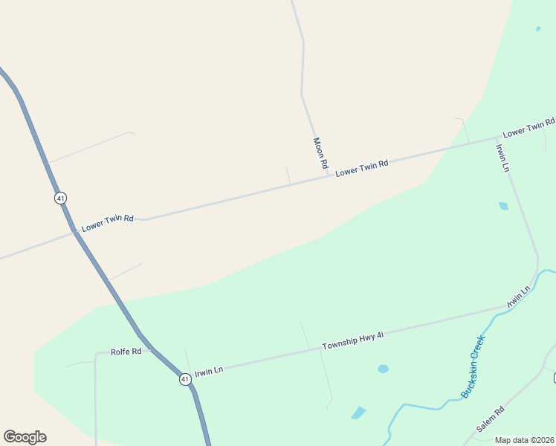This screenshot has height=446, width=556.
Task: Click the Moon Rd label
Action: [320, 154]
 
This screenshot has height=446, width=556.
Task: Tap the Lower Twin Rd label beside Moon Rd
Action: [362, 168]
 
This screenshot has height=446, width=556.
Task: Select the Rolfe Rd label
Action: [126, 352]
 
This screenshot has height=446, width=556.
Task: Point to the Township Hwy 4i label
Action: [353, 341]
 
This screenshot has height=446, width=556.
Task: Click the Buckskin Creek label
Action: [473, 366]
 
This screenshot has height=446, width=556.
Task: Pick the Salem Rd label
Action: [491, 419]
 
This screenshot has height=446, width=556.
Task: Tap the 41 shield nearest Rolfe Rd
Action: [184, 379]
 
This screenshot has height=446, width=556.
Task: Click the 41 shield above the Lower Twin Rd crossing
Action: [60, 198]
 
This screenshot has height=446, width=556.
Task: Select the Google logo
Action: [25, 437]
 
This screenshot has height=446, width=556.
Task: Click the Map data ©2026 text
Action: [524, 440]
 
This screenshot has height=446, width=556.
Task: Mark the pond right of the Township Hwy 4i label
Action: [383, 369]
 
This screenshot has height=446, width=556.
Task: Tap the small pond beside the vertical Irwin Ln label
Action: [503, 206]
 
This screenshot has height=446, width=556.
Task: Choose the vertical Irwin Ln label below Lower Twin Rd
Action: [503, 157]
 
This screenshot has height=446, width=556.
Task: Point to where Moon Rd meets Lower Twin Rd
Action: [328, 176]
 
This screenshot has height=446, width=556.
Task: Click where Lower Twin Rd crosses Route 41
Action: [75, 233]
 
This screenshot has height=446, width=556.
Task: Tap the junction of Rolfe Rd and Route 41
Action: [152, 349]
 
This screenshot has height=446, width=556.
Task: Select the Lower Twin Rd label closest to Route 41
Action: [108, 222]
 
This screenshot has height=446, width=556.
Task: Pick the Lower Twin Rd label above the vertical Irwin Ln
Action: [528, 128]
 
